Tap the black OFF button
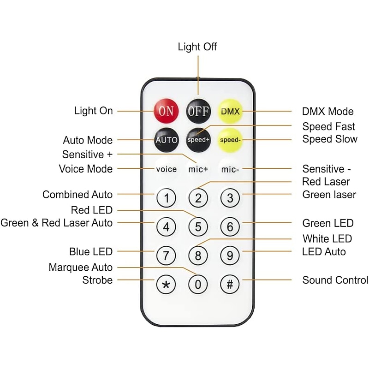pos(198,111)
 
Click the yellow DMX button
pos(230,111)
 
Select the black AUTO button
pos(166,139)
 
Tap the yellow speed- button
pos(230,139)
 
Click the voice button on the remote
pos(166,169)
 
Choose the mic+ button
pos(198,169)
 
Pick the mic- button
pos(230,169)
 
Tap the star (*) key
pos(166,284)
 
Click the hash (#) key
pos(230,284)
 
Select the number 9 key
pos(230,255)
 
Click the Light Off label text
pos(197,47)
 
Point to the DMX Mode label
pos(328,111)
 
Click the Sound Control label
pos(335,280)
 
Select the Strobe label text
pos(97,280)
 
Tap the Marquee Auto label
pos(81,268)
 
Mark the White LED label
pos(327,238)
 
